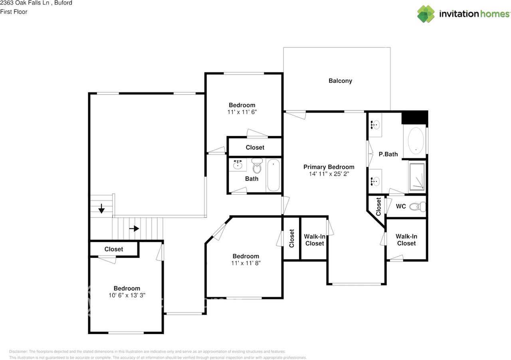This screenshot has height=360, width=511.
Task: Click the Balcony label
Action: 340,81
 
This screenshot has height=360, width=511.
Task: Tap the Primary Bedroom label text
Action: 329,167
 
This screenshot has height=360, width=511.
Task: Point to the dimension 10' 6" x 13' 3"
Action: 127,295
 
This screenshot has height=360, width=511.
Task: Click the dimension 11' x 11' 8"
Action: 246,263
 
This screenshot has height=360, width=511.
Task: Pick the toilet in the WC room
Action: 420,207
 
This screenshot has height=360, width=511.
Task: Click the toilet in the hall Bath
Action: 257,165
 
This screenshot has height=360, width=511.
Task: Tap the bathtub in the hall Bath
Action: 273,175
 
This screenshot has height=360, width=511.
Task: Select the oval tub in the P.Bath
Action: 416,142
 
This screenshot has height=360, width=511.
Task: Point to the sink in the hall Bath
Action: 238,164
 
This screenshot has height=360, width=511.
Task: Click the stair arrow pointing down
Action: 101,208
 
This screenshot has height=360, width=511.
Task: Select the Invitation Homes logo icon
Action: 426,14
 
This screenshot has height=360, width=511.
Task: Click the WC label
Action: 401,206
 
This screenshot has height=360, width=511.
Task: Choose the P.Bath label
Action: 388,154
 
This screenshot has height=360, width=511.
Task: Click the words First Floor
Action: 14,12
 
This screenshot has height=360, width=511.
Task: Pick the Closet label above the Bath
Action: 255,147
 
